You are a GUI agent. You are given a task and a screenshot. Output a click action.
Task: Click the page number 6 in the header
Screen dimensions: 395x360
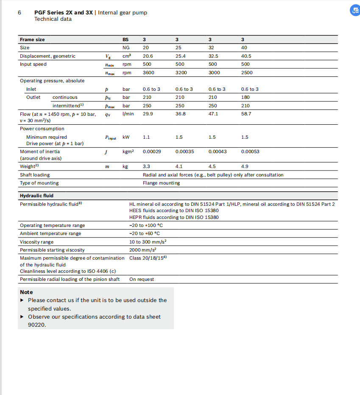pyautogui.click(x=20, y=12)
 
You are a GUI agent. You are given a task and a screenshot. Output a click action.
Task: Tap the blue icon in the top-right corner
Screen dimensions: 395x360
pyautogui.click(x=354, y=11)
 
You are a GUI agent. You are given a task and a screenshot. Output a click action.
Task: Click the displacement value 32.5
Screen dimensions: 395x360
pyautogui.click(x=213, y=56)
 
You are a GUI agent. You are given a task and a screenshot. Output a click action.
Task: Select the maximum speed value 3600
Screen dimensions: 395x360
pyautogui.click(x=149, y=73)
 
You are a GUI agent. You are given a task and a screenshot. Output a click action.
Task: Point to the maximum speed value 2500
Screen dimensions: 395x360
pyautogui.click(x=247, y=73)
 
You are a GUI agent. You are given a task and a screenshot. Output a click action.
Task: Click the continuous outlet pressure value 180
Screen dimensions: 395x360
pyautogui.click(x=246, y=97)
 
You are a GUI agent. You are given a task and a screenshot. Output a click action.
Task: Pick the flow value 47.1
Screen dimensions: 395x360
pyautogui.click(x=213, y=114)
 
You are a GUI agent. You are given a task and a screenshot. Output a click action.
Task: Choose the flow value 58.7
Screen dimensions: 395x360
pyautogui.click(x=246, y=114)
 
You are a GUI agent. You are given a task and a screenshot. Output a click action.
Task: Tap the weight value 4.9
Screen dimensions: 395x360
pyautogui.click(x=245, y=167)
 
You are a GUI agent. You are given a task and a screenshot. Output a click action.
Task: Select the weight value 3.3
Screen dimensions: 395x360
pyautogui.click(x=146, y=167)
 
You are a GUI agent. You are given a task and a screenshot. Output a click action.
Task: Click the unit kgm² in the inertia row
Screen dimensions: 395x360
pyautogui.click(x=128, y=151)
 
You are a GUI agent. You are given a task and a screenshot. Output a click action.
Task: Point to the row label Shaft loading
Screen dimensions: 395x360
pyautogui.click(x=35, y=175)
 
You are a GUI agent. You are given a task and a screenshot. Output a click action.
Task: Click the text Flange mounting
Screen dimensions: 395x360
pyautogui.click(x=161, y=183)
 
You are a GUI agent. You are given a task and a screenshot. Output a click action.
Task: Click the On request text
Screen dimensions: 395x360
pyautogui.click(x=142, y=279)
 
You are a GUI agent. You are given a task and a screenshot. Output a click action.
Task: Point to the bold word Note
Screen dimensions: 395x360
pyautogui.click(x=26, y=292)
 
